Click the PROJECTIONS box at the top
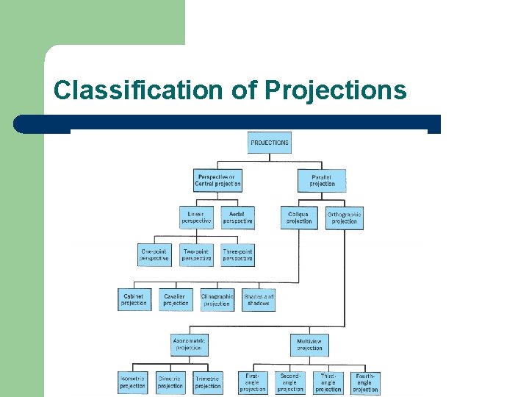[x=270, y=143]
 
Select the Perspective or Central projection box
[x=217, y=180]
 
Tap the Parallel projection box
[x=322, y=180]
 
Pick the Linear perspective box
[x=196, y=218]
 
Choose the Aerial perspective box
[x=237, y=218]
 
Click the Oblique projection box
[x=299, y=218]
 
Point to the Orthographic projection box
[x=344, y=218]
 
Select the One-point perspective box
[x=154, y=255]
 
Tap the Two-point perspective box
[x=196, y=255]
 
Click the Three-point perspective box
[x=237, y=255]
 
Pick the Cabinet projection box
[x=134, y=299]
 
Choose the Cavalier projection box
[x=176, y=299]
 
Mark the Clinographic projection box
[x=217, y=299]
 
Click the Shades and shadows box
[x=258, y=299]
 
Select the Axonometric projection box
[x=190, y=344]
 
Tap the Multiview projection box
[x=309, y=344]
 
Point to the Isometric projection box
[x=132, y=382]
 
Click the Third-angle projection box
[x=328, y=382]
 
